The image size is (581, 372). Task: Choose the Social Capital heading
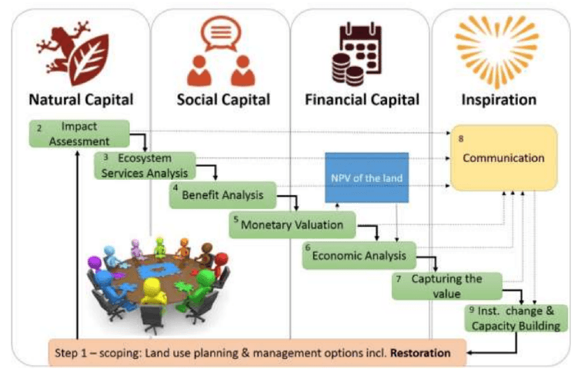pos(223,99)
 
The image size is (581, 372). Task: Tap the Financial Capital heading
pos(362,99)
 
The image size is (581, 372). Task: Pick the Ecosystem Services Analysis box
pos(145,165)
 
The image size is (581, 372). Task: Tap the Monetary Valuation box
pos(293,225)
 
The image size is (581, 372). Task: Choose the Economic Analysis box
pos(359,255)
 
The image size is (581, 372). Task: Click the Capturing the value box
pos(446,285)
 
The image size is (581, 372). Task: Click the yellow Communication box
pos(503,158)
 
